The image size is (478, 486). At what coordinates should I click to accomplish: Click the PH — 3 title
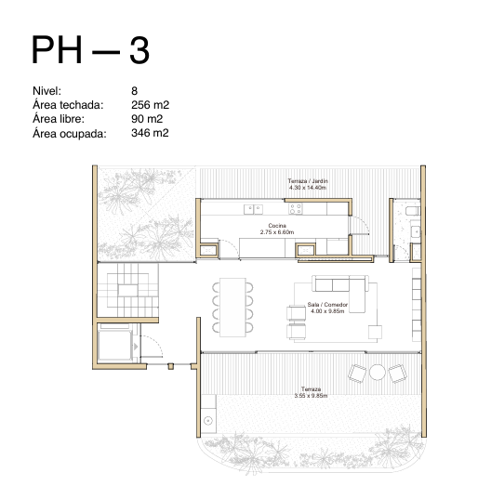(90, 49)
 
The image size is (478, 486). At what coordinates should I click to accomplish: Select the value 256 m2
(150, 105)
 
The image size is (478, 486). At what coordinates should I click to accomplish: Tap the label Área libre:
(59, 119)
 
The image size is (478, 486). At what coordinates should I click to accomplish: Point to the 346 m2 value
(150, 133)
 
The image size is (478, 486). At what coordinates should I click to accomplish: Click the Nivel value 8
(134, 91)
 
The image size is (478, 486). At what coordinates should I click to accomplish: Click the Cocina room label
(277, 225)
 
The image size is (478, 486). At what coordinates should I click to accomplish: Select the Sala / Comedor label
(327, 305)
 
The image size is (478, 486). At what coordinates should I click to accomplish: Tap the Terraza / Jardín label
(308, 180)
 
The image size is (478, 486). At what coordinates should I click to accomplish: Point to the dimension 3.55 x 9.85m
(311, 396)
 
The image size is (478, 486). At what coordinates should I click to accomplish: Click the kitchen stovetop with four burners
(296, 209)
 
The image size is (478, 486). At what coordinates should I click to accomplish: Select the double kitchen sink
(253, 209)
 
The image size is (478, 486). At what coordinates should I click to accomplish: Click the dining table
(232, 308)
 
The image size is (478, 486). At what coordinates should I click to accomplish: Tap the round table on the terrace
(378, 372)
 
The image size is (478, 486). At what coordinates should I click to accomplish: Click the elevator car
(114, 346)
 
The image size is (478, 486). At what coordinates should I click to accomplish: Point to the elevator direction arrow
(136, 347)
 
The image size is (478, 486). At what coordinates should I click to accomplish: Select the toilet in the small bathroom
(413, 211)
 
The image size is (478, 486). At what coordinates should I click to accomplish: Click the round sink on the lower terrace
(208, 421)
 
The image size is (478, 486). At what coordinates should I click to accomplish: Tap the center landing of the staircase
(127, 291)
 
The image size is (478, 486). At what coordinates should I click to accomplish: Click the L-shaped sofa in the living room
(340, 294)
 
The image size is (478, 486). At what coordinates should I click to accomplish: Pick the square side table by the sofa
(375, 332)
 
